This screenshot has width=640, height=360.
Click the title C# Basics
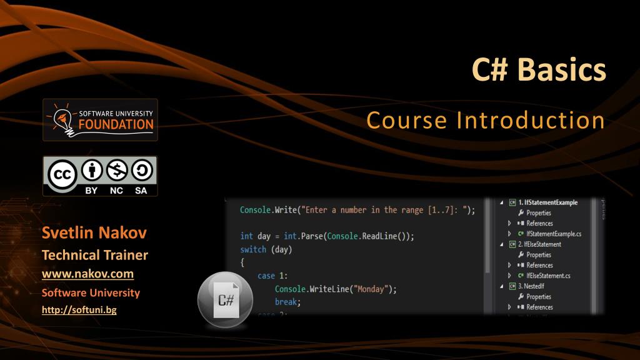(x=538, y=70)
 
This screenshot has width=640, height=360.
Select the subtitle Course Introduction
(x=485, y=120)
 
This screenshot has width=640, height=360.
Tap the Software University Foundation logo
(x=100, y=119)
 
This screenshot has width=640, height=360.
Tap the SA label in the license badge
(x=140, y=191)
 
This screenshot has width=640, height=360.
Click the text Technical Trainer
(x=94, y=255)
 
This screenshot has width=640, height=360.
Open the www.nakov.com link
(x=87, y=274)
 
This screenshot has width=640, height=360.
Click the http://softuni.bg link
(x=79, y=309)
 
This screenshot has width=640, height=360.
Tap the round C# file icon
(x=226, y=299)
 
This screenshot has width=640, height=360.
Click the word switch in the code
(x=253, y=249)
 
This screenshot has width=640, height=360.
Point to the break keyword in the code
(x=287, y=302)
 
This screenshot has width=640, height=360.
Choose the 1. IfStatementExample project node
(x=547, y=202)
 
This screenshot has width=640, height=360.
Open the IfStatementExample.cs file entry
(x=554, y=234)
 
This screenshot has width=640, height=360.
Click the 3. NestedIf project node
(x=534, y=286)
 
